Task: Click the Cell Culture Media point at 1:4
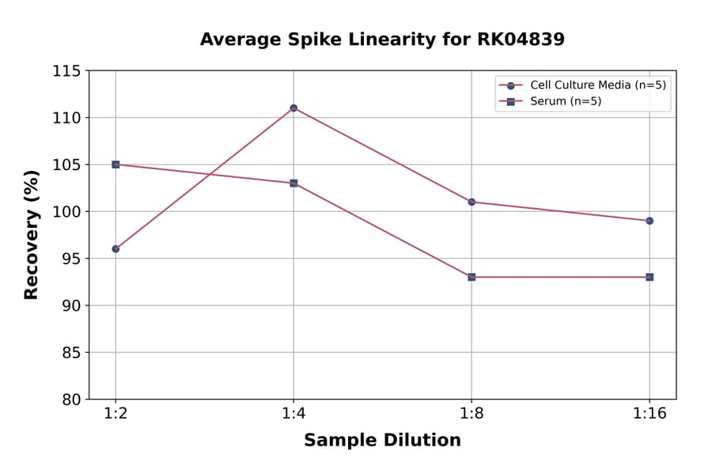pyautogui.click(x=294, y=108)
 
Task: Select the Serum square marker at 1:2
pyautogui.click(x=116, y=165)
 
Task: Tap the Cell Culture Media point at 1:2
pyautogui.click(x=116, y=248)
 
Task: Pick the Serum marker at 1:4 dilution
pyautogui.click(x=294, y=183)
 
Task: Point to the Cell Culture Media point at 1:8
pyautogui.click(x=472, y=202)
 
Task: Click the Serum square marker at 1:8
pyautogui.click(x=472, y=277)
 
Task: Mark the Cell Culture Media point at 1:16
pyautogui.click(x=650, y=221)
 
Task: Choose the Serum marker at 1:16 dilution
pyautogui.click(x=650, y=277)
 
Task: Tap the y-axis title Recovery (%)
pyautogui.click(x=32, y=235)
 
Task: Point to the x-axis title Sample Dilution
pyautogui.click(x=382, y=441)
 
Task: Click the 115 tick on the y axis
pyautogui.click(x=66, y=71)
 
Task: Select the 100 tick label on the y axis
pyautogui.click(x=66, y=211)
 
